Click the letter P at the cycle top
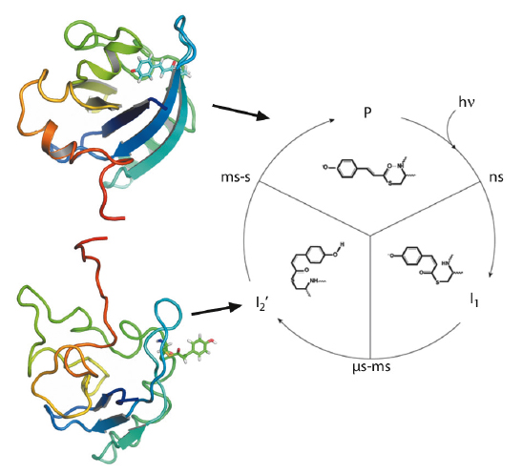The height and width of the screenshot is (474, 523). click(x=367, y=113)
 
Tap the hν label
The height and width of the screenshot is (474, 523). click(x=467, y=102)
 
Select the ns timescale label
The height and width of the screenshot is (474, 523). click(x=496, y=177)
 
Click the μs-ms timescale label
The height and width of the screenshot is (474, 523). click(x=371, y=367)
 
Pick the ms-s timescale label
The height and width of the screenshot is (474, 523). click(x=236, y=177)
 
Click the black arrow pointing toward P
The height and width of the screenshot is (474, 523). click(x=241, y=112)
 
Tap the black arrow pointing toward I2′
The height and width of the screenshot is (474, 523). click(x=216, y=310)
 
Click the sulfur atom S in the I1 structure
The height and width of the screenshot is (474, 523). click(x=436, y=283)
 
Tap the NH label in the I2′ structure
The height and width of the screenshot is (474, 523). click(x=314, y=280)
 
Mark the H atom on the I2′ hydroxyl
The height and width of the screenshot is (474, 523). click(x=342, y=245)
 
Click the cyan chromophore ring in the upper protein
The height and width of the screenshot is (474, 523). click(x=145, y=68)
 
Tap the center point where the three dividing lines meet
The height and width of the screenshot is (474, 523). click(x=369, y=236)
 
